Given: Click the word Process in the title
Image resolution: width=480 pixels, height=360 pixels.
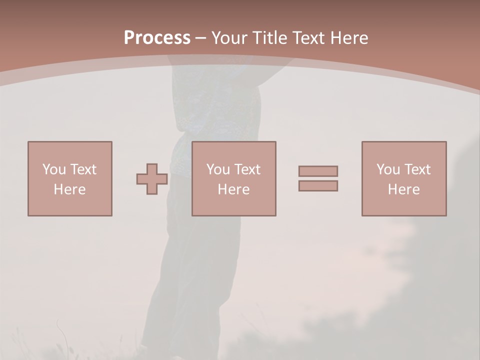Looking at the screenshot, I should (157, 38).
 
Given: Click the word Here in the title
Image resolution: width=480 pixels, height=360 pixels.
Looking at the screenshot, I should (349, 38).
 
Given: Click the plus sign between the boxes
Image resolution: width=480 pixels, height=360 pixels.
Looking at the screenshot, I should (152, 179).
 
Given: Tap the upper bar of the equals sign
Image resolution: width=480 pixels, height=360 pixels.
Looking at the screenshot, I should (318, 171).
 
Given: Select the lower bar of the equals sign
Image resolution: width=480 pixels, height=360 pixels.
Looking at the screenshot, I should (318, 186).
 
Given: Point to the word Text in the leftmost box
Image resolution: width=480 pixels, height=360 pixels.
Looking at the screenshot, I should (83, 169).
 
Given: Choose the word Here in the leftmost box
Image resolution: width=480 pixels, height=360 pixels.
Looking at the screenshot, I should (69, 189).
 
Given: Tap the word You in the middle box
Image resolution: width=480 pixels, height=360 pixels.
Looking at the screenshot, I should (218, 169).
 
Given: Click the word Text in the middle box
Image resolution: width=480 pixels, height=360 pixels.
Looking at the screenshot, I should (247, 169).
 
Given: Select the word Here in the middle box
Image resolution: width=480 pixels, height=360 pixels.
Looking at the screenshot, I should (233, 189).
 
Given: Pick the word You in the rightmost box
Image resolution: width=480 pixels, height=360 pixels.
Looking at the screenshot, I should (388, 169).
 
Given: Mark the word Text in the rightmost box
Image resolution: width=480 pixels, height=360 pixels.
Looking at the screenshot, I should (417, 169).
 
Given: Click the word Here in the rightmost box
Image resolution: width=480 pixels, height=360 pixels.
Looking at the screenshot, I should (403, 189).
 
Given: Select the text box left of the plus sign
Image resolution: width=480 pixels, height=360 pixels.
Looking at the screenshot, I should (69, 205).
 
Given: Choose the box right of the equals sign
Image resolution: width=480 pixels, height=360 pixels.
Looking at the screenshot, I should (403, 205).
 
